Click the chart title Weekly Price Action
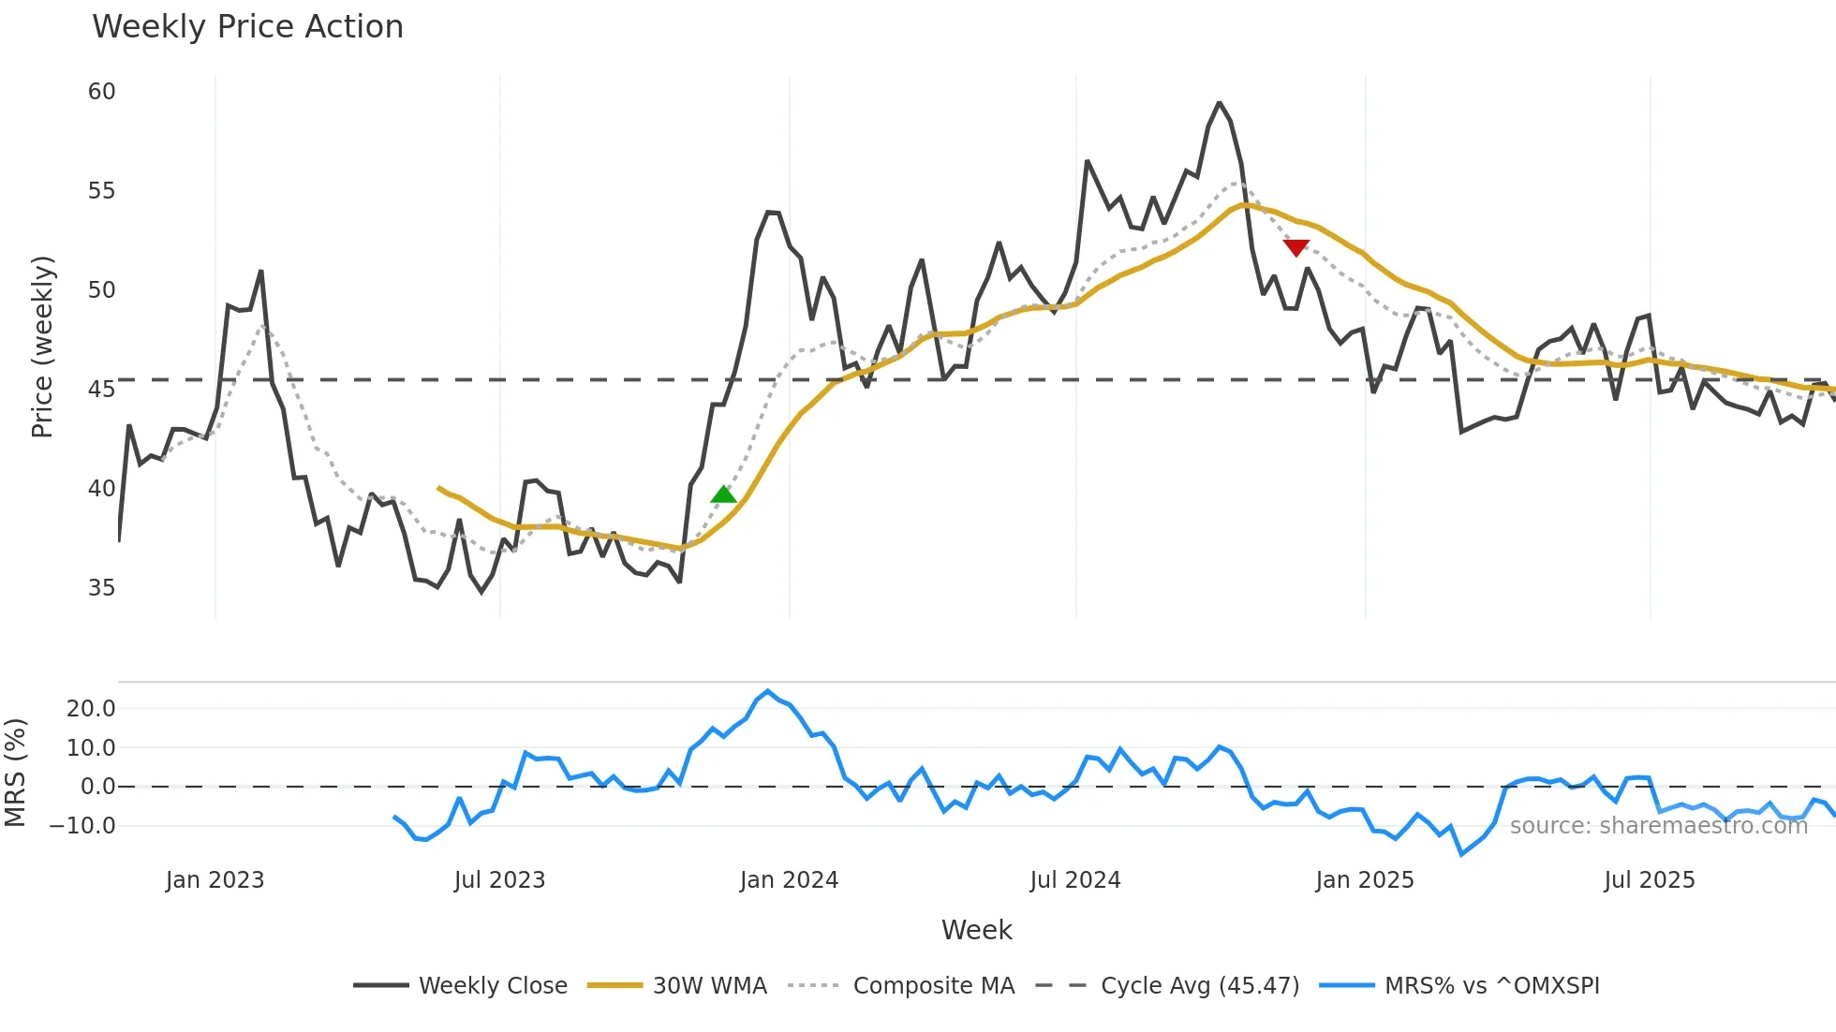tap(247, 27)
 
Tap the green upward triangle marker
tap(723, 494)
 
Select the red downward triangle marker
tap(1296, 247)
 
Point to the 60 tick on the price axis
tap(101, 92)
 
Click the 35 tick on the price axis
tap(101, 588)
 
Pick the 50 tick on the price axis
tap(101, 290)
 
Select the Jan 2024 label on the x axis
tap(789, 880)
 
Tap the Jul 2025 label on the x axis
tap(1649, 880)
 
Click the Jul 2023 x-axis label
tap(499, 880)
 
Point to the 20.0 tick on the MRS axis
tap(91, 709)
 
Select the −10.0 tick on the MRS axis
tap(83, 826)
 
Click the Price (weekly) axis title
tap(42, 346)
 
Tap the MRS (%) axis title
tap(15, 773)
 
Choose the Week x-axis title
tap(976, 930)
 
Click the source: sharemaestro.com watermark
tap(1658, 826)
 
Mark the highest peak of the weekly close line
tap(1219, 103)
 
